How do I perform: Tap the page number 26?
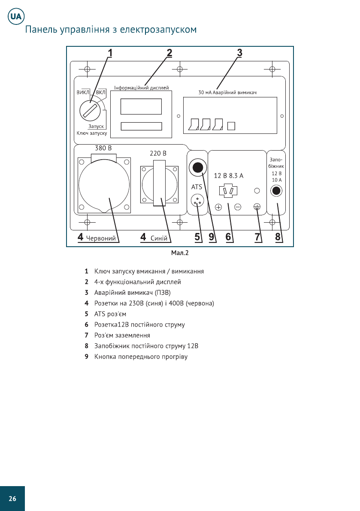pyautogui.click(x=12, y=498)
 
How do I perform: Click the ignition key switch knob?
pyautogui.click(x=90, y=111)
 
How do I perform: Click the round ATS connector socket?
pyautogui.click(x=197, y=200)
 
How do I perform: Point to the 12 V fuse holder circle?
pyautogui.click(x=277, y=190)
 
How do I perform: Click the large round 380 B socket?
pyautogui.click(x=103, y=184)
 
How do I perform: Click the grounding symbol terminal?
pyautogui.click(x=257, y=207)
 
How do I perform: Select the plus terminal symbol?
pyautogui.click(x=218, y=207)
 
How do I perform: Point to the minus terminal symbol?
pyautogui.click(x=238, y=207)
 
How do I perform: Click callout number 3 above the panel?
pyautogui.click(x=239, y=53)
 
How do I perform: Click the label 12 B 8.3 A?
pyautogui.click(x=228, y=175)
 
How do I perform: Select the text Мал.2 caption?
pyautogui.click(x=180, y=253)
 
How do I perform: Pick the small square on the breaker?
pyautogui.click(x=231, y=126)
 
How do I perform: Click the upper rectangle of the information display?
pyautogui.click(x=141, y=106)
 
